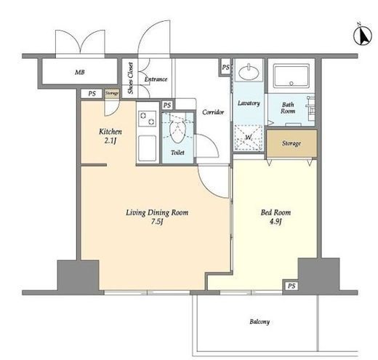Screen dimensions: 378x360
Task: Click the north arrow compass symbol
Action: tap(362, 36)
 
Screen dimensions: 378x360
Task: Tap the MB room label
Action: tap(80, 72)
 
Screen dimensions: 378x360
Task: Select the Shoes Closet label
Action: tap(131, 78)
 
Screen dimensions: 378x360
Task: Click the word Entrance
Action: tap(156, 79)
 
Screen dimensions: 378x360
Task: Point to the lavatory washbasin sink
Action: tap(249, 72)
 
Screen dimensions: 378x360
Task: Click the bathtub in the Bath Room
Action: tap(291, 76)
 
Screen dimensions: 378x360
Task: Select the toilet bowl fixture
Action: tap(177, 131)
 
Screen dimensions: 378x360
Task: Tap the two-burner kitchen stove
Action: tap(148, 119)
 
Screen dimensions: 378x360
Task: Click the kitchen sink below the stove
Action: tap(147, 148)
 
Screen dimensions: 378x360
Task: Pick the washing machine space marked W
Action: tap(249, 137)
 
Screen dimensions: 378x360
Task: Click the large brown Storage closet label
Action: tap(291, 143)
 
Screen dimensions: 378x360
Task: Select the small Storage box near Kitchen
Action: tap(112, 94)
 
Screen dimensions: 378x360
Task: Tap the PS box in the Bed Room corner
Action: tap(291, 286)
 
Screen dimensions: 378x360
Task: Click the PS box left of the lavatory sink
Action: tap(225, 67)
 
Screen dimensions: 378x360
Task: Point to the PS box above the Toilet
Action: tap(167, 105)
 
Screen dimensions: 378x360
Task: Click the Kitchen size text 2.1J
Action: tap(110, 140)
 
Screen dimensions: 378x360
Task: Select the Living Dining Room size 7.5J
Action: tap(157, 222)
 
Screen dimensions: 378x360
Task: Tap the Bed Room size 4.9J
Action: tap(276, 222)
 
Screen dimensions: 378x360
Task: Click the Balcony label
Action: tap(260, 321)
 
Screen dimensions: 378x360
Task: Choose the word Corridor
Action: tap(213, 112)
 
